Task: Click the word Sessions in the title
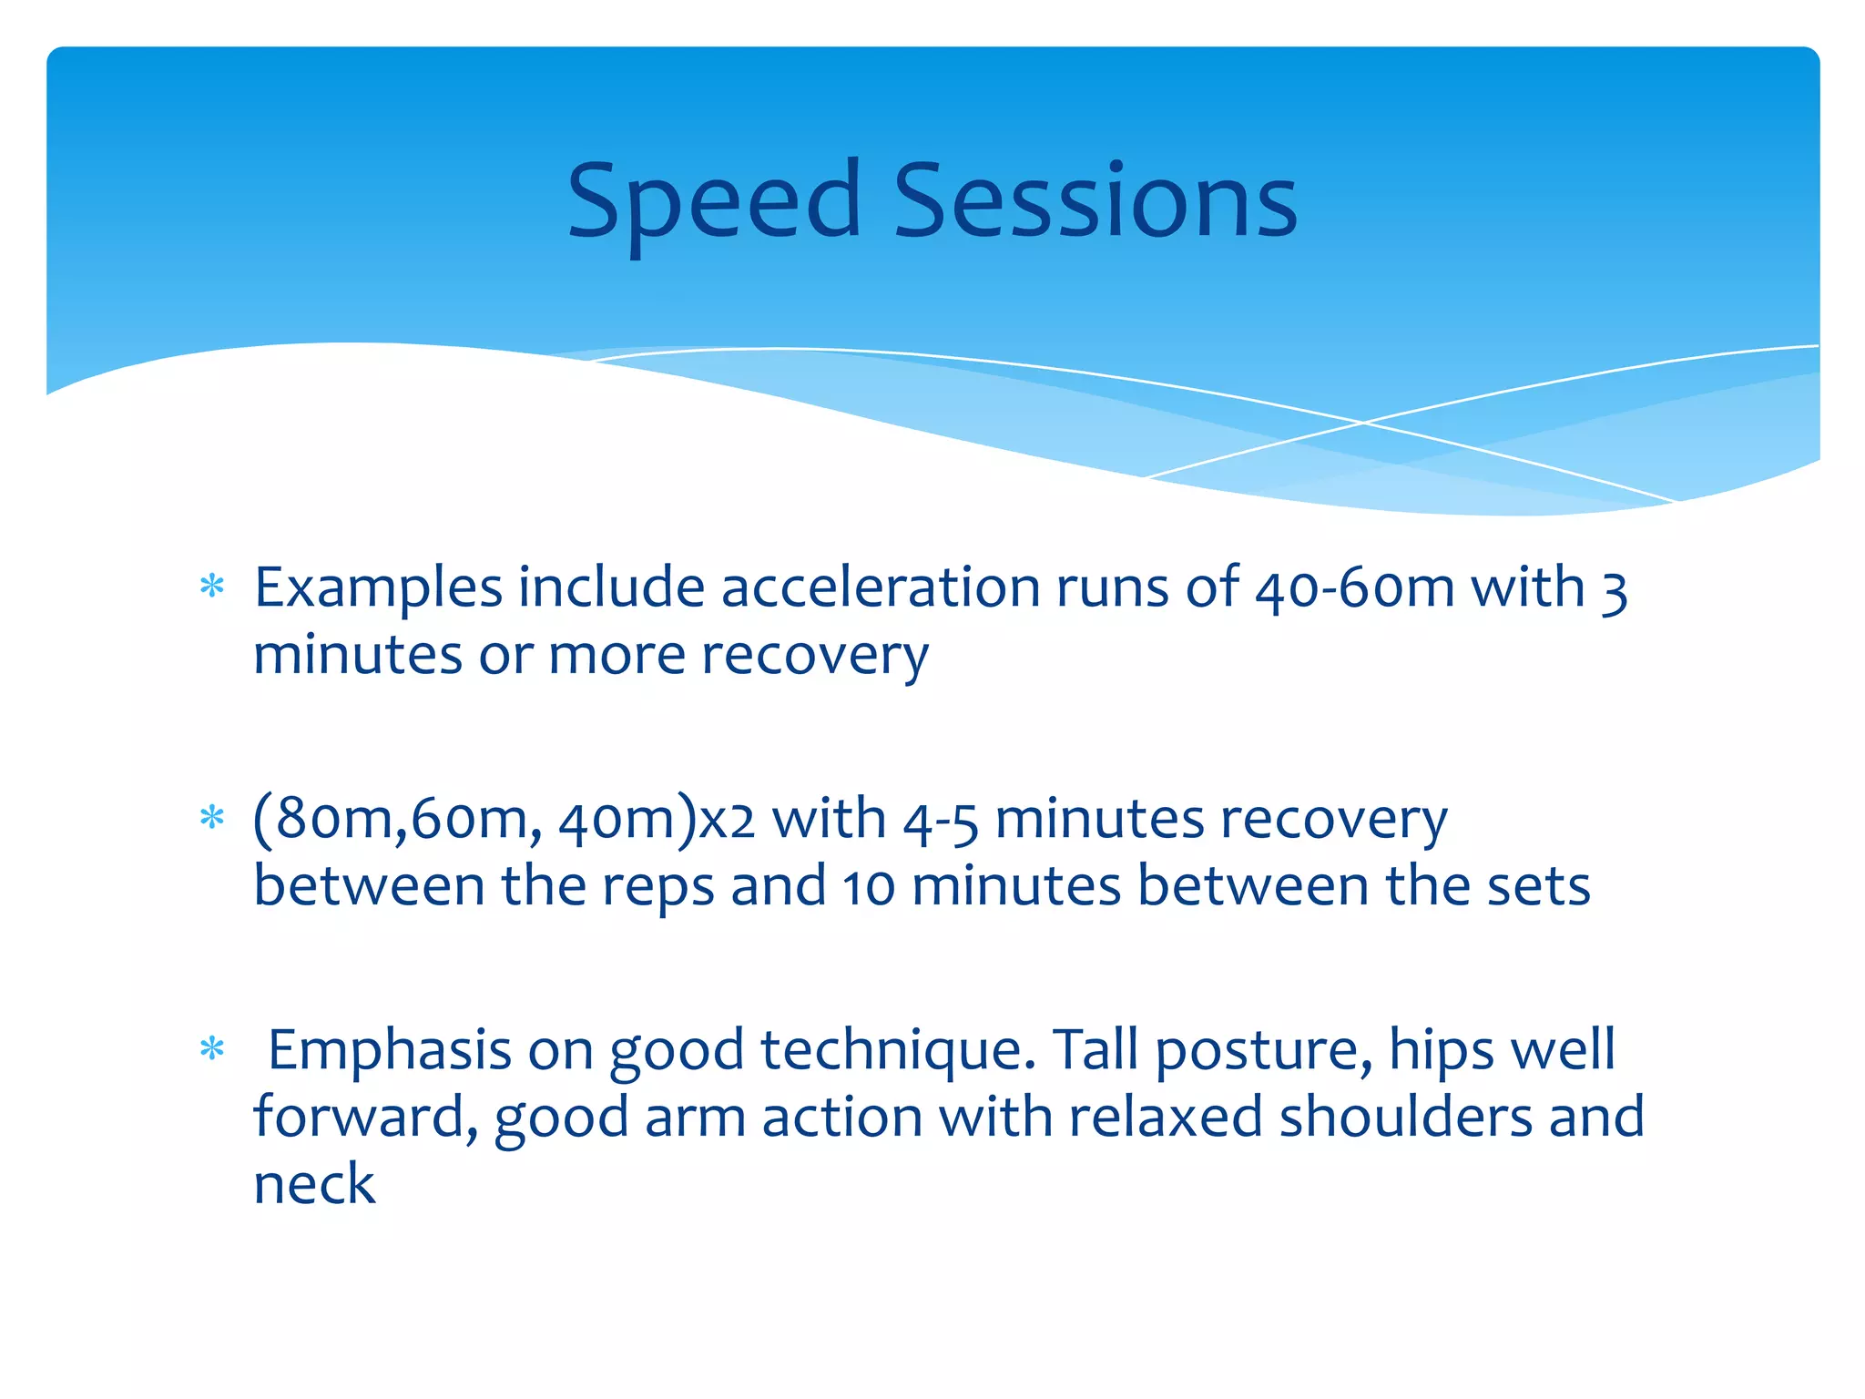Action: point(1096,202)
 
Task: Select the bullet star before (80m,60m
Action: point(212,817)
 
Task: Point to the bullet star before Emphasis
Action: point(212,1049)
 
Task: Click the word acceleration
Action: point(880,587)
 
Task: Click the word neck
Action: point(313,1185)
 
